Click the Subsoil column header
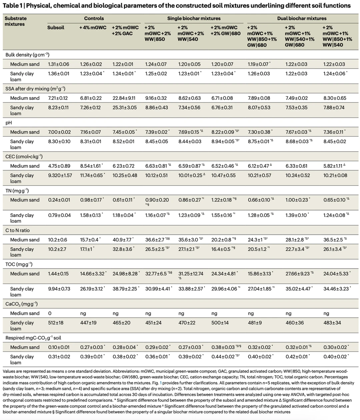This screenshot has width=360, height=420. [56, 28]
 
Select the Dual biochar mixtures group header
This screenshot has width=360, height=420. [302, 18]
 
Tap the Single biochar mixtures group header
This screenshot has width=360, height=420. [194, 18]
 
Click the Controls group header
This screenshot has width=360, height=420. [94, 18]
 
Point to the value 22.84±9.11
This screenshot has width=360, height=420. [124, 98]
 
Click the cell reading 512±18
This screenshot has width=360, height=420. [56, 323]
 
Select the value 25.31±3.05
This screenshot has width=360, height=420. [124, 107]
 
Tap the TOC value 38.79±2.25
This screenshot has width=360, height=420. [124, 289]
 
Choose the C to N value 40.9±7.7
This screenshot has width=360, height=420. [122, 240]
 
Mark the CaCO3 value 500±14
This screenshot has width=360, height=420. [220, 323]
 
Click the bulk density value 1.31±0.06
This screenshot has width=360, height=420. [58, 64]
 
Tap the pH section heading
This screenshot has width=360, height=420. [8, 123]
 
